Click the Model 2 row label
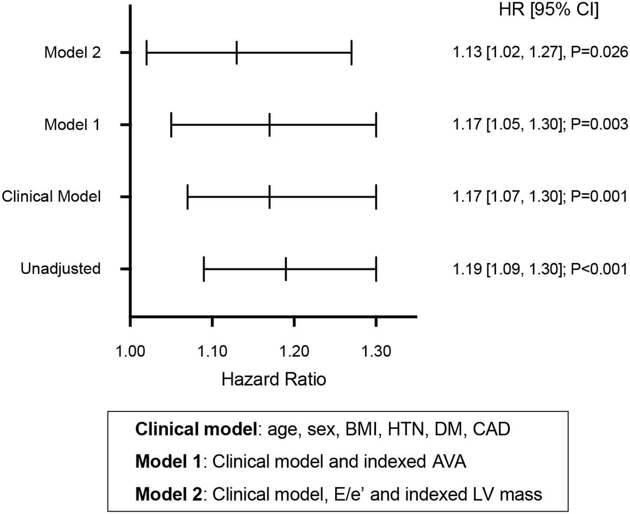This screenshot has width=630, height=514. pos(72,52)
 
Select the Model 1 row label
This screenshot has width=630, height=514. pos(72,125)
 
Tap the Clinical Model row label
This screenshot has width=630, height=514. pos(51,196)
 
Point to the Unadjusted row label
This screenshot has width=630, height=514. pos(61,269)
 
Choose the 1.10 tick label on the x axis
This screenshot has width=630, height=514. pos(212,351)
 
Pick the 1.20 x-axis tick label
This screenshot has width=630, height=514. pos(294,351)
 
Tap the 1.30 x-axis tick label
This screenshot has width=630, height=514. pos(376,351)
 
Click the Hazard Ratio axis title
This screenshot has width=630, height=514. pos(274,380)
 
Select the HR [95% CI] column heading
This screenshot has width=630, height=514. pos(549,10)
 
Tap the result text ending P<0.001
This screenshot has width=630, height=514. pos(540,269)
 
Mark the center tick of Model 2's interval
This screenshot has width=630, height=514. pos(237,52)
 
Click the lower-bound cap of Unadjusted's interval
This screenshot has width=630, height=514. pos(204,269)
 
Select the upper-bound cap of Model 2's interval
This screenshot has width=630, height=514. pos(351,52)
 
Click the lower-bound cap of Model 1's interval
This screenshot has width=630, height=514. pos(171,125)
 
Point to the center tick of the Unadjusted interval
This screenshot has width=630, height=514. pos(286,269)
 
